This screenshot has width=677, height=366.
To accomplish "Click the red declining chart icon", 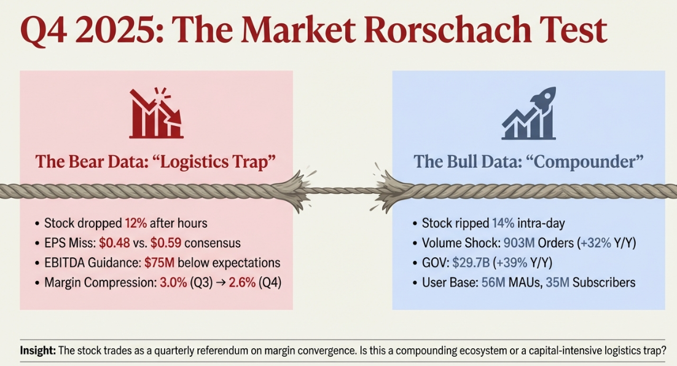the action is point(156,113).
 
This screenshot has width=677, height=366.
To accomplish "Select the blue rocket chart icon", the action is point(528,113).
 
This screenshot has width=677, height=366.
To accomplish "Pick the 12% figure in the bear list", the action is point(136,223).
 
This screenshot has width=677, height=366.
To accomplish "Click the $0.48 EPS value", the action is point(114,243).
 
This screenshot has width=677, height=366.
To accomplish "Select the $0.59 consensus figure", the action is point(166,243).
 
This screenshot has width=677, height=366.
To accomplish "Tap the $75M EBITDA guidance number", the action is point(159,263).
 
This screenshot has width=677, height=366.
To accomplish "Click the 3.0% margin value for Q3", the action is point(174,282).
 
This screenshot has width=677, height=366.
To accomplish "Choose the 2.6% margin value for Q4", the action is point(242,282).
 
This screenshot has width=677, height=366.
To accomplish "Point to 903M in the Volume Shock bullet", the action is point(519,243).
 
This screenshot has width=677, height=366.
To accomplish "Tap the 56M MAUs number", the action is point(493,282).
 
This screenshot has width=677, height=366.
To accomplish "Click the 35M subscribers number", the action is point(558,282).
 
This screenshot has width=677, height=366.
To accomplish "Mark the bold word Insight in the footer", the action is point(38,350).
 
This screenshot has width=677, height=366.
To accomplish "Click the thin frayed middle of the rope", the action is point(343,190).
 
